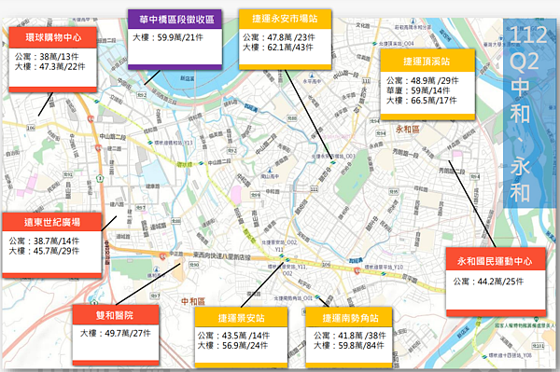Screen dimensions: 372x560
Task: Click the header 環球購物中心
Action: point(53,41)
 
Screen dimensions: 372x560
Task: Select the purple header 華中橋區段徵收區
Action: point(175,18)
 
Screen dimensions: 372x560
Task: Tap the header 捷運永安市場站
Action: point(285,18)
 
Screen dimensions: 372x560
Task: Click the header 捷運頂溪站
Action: point(427,60)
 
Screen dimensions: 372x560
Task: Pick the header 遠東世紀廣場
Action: point(52,222)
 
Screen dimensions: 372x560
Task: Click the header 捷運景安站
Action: point(239,316)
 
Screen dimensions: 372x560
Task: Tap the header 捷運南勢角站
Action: point(349,316)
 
